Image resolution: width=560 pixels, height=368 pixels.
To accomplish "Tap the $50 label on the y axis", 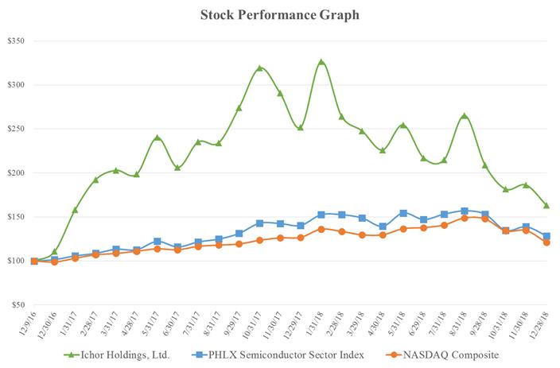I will [17, 304].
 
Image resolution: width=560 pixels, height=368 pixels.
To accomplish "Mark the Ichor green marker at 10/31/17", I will [259, 68].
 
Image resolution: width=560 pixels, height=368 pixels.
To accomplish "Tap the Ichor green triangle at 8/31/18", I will [465, 116].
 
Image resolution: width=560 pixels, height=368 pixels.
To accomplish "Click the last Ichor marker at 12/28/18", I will [546, 205].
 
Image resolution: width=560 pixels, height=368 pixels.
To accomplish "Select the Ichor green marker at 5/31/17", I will [157, 138].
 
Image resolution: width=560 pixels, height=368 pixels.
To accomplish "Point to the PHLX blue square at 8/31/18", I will [465, 211].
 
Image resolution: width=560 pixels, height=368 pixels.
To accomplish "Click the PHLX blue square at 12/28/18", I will [546, 236].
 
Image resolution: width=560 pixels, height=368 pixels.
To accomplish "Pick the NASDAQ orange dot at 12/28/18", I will [546, 242].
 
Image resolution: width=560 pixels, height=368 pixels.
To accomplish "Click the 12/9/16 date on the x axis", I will [29, 322].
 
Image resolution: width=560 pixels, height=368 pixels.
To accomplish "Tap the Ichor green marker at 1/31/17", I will [76, 210].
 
